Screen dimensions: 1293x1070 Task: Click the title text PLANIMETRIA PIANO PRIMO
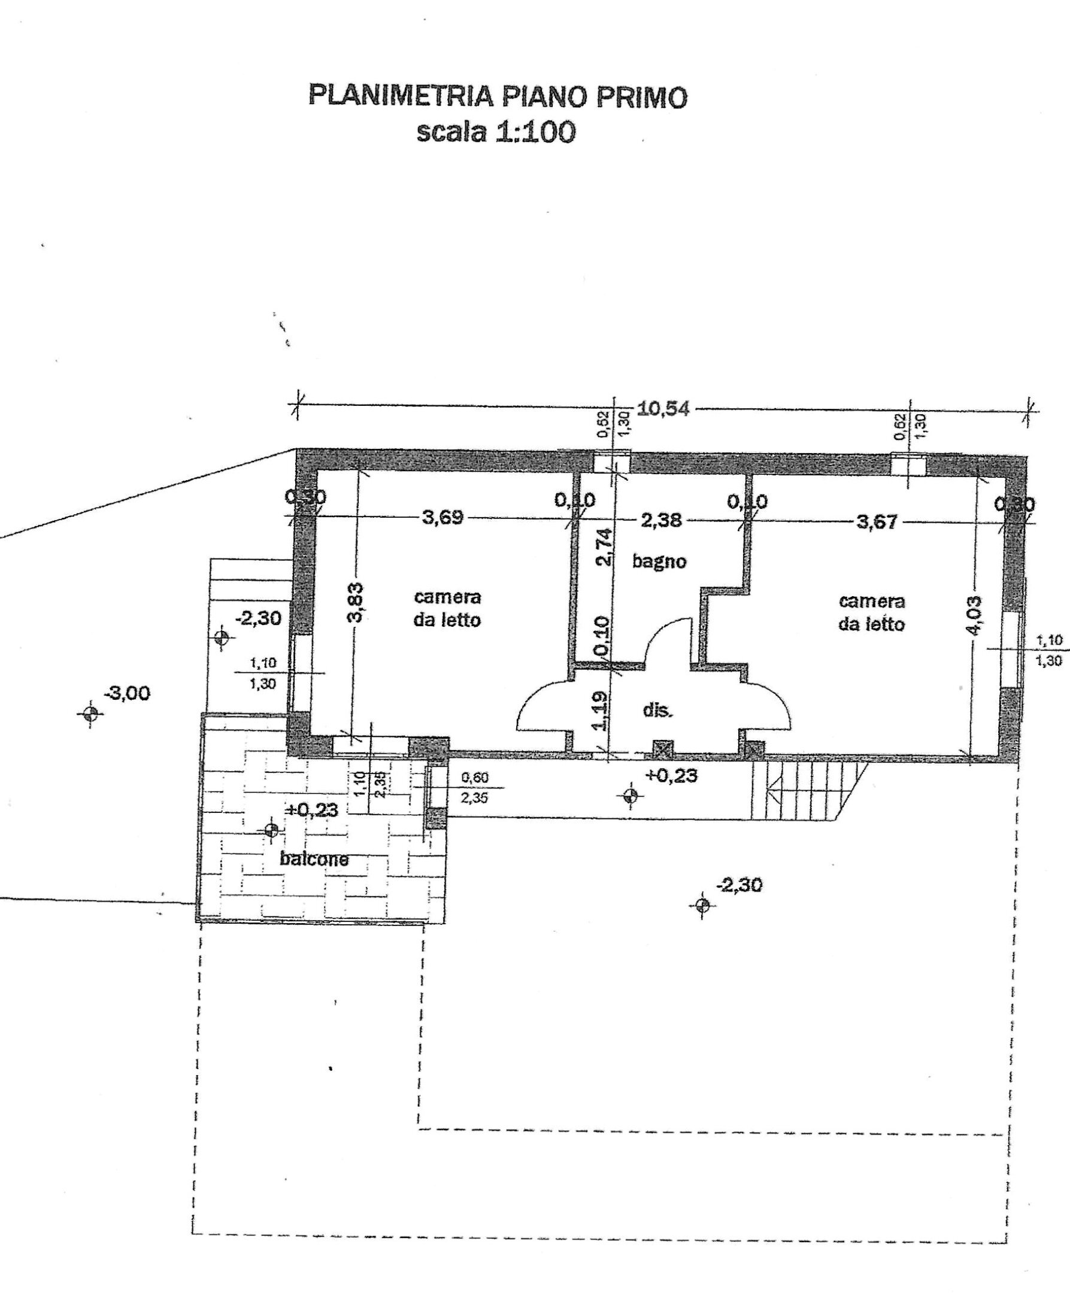click(498, 98)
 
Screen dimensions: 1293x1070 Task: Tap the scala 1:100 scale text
click(496, 132)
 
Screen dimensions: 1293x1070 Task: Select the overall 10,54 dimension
click(663, 409)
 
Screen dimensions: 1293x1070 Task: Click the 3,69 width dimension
click(442, 517)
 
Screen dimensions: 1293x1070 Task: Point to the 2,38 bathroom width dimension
click(661, 521)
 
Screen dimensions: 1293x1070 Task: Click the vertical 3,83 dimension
click(356, 603)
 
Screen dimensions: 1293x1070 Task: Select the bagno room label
click(659, 561)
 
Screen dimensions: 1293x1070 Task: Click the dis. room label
click(657, 710)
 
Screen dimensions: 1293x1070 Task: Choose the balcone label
click(314, 859)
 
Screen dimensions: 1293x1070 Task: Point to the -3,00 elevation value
click(128, 694)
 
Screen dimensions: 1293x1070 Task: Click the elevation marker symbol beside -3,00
click(90, 714)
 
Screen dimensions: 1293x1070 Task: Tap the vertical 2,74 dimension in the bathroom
click(605, 547)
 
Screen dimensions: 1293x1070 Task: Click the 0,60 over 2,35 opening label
click(474, 788)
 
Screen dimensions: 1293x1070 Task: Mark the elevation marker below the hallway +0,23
click(629, 796)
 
